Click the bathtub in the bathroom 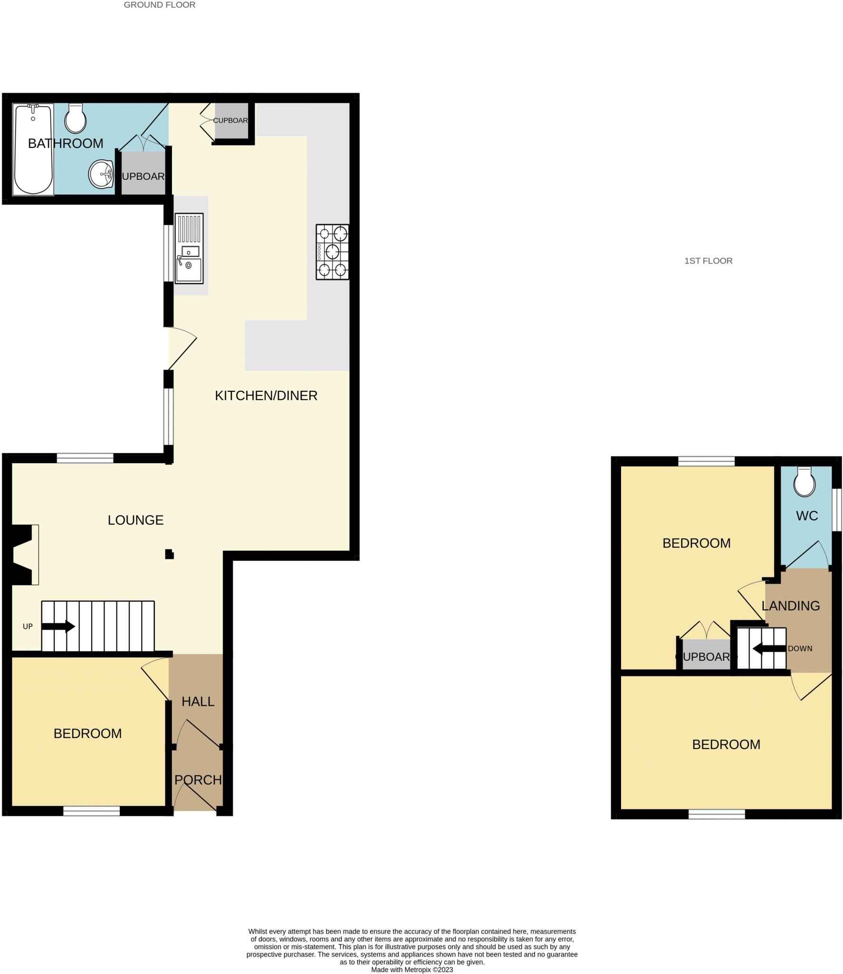[x=33, y=149]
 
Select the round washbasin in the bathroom [x=101, y=174]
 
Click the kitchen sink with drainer [x=189, y=248]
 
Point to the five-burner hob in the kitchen [x=332, y=252]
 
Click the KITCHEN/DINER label [x=266, y=396]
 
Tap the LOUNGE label [x=135, y=520]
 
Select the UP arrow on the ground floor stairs [x=58, y=626]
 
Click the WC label [x=806, y=516]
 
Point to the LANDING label [x=791, y=606]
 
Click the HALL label [x=198, y=701]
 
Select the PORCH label [x=198, y=780]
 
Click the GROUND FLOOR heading [x=160, y=5]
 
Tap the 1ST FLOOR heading [x=708, y=261]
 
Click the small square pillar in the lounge [x=169, y=554]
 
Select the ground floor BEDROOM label [x=87, y=733]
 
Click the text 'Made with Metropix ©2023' [x=412, y=969]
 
